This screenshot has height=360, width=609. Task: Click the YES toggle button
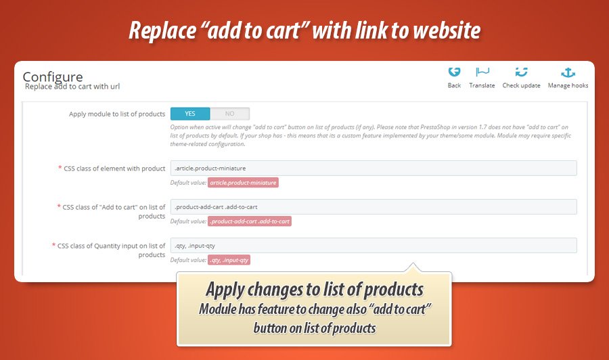pyautogui.click(x=190, y=114)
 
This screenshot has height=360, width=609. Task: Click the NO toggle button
pyautogui.click(x=230, y=114)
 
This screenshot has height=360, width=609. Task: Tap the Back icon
pyautogui.click(x=454, y=72)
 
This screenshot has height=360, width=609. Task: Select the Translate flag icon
pyautogui.click(x=482, y=72)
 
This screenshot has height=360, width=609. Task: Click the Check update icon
pyautogui.click(x=521, y=72)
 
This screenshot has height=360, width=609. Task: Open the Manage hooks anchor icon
pyautogui.click(x=568, y=72)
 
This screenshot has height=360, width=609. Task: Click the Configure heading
pyautogui.click(x=53, y=76)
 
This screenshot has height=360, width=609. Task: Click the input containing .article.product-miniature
pyautogui.click(x=374, y=168)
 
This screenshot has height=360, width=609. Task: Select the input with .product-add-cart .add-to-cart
pyautogui.click(x=374, y=207)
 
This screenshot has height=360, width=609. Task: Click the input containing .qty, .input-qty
pyautogui.click(x=374, y=246)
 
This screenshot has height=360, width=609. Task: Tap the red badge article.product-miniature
pyautogui.click(x=243, y=183)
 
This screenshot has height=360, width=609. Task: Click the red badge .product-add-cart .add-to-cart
pyautogui.click(x=250, y=221)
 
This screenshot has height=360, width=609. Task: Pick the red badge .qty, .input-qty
pyautogui.click(x=229, y=261)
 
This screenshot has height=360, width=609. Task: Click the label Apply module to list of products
pyautogui.click(x=117, y=114)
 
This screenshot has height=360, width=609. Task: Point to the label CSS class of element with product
pyautogui.click(x=114, y=168)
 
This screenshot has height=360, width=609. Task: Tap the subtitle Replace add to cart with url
pyautogui.click(x=72, y=87)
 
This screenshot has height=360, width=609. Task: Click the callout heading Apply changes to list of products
pyautogui.click(x=315, y=290)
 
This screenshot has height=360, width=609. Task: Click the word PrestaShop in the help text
pyautogui.click(x=434, y=127)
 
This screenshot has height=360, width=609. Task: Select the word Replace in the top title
pyautogui.click(x=162, y=30)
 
